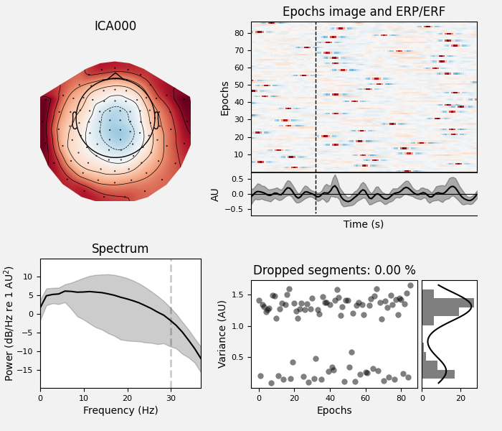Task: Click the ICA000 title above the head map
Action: (115, 27)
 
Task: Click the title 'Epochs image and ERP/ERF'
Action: (364, 11)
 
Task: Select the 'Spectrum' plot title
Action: (120, 249)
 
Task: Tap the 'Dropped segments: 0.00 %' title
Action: (334, 271)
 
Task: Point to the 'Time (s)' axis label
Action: (364, 224)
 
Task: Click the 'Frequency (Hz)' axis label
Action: (120, 411)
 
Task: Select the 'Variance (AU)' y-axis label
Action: (223, 335)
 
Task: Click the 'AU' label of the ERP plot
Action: (215, 194)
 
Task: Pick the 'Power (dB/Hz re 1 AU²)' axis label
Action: (9, 323)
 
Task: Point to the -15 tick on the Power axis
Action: (26, 370)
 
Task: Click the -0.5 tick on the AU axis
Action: (235, 209)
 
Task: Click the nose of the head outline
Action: (115, 75)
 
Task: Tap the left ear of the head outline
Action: (74, 120)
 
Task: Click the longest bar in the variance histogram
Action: (447, 302)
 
